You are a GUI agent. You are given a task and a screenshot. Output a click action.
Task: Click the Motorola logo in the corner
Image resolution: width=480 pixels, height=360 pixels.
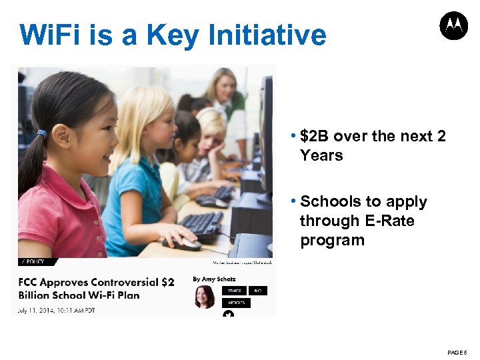pos(453,26)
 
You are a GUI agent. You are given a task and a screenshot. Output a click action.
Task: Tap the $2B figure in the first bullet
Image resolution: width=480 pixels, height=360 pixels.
pos(315,137)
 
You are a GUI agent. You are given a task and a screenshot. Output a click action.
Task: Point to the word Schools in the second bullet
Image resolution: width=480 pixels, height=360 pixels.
pos(330,201)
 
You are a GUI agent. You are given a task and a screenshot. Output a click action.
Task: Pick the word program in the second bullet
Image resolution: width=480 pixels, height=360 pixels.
pos(332,240)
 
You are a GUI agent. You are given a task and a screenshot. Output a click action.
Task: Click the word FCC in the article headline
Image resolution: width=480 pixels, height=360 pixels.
pos(31,282)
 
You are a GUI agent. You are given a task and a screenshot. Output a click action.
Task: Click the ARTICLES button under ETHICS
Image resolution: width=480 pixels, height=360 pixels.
pos(237,303)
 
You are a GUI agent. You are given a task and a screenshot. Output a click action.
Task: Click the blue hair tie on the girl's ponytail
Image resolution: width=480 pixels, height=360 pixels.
pos(42,133)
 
